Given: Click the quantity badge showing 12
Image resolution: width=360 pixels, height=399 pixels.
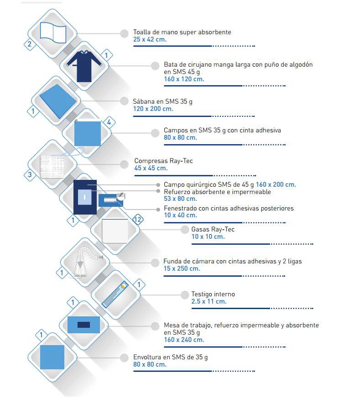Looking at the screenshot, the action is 137,219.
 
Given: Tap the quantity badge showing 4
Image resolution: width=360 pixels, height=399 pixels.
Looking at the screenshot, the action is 109,122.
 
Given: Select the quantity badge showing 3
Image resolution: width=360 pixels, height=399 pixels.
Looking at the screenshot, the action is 30,174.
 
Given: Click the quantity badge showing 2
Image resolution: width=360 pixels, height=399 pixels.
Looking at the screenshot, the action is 30,44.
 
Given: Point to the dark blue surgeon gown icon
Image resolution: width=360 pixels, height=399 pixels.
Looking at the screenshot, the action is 84,66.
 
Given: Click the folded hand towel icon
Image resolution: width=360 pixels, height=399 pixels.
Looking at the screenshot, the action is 53,33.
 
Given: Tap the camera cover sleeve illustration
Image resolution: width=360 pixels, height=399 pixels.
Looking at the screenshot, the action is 86,262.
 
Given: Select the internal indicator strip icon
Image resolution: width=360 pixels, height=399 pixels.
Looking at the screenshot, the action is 115,294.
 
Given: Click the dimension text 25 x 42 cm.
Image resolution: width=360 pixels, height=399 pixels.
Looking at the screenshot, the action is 150,39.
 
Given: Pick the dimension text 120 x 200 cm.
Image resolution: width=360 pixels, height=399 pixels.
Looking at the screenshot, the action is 153,109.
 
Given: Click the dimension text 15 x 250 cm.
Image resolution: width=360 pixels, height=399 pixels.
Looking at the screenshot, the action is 182,268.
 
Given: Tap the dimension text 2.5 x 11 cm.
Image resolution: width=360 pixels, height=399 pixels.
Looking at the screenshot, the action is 209,302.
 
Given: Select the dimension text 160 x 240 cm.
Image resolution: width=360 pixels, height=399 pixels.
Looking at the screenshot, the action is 184,340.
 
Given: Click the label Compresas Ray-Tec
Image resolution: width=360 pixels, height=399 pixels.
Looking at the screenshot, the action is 163,161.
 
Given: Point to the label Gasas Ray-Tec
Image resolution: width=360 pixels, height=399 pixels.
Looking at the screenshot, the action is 213,229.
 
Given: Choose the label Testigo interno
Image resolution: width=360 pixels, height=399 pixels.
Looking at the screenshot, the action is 213,294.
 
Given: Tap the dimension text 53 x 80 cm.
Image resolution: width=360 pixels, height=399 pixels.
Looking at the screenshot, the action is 180,199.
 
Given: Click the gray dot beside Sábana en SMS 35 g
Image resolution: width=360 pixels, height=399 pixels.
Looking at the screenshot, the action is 124,101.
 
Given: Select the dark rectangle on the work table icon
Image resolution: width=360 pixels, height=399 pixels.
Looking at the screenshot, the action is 83,325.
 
